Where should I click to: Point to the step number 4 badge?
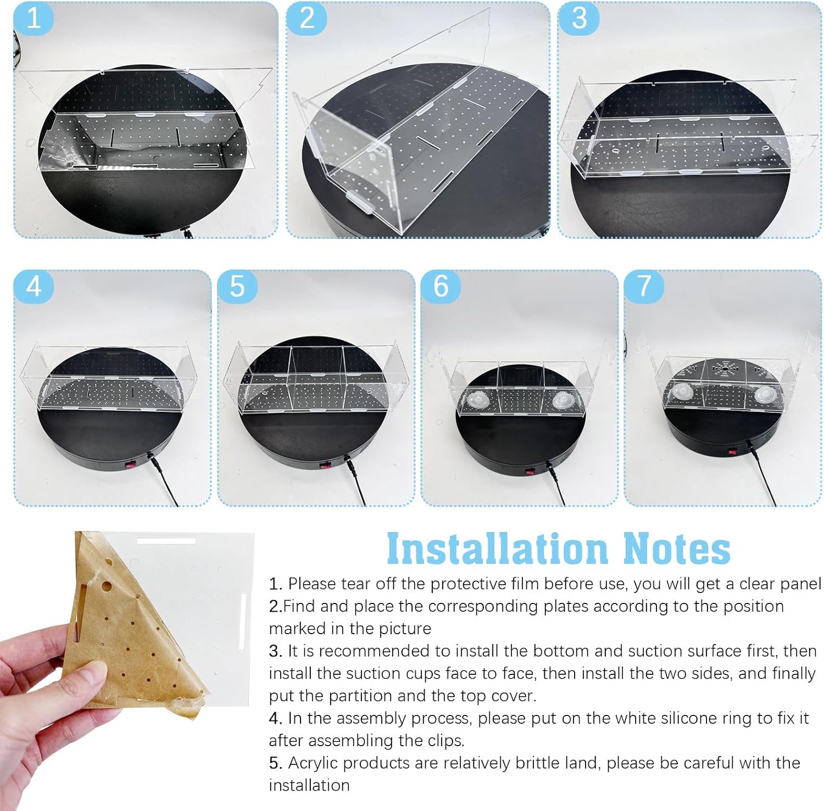point(34,286)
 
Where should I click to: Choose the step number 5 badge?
point(237,286)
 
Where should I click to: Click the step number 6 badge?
point(441,286)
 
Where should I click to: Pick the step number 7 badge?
point(644,286)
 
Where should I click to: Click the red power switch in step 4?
point(130,466)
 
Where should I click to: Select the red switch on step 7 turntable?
point(731,452)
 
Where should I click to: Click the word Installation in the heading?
point(497,548)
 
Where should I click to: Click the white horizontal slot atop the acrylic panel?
point(166,541)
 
